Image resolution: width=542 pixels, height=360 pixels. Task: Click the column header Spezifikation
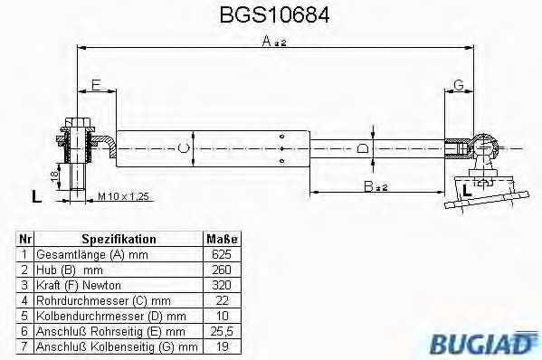click(119, 240)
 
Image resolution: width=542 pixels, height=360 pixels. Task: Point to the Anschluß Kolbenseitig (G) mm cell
click(116, 346)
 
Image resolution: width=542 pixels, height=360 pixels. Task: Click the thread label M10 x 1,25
click(122, 195)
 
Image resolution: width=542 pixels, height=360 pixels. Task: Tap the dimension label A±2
click(270, 41)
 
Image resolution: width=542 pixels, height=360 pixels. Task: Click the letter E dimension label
click(94, 85)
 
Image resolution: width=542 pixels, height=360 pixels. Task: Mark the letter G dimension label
click(459, 85)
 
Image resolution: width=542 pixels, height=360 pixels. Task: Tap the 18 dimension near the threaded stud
click(54, 175)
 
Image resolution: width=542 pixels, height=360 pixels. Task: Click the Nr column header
click(25, 240)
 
